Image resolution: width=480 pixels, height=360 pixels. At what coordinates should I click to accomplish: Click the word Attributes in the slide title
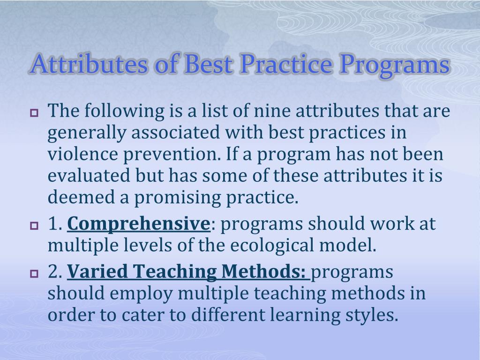pyautogui.click(x=89, y=64)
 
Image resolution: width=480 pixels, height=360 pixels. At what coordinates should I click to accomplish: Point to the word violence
pyautogui.click(x=82, y=154)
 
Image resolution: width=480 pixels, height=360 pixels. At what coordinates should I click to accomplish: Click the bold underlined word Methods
pyautogui.click(x=263, y=271)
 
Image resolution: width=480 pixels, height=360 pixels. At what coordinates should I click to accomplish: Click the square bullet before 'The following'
pyautogui.click(x=34, y=113)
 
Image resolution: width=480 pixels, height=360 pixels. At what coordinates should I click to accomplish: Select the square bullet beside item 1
pyautogui.click(x=34, y=226)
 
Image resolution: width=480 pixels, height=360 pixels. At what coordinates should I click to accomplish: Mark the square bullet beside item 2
pyautogui.click(x=34, y=273)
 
